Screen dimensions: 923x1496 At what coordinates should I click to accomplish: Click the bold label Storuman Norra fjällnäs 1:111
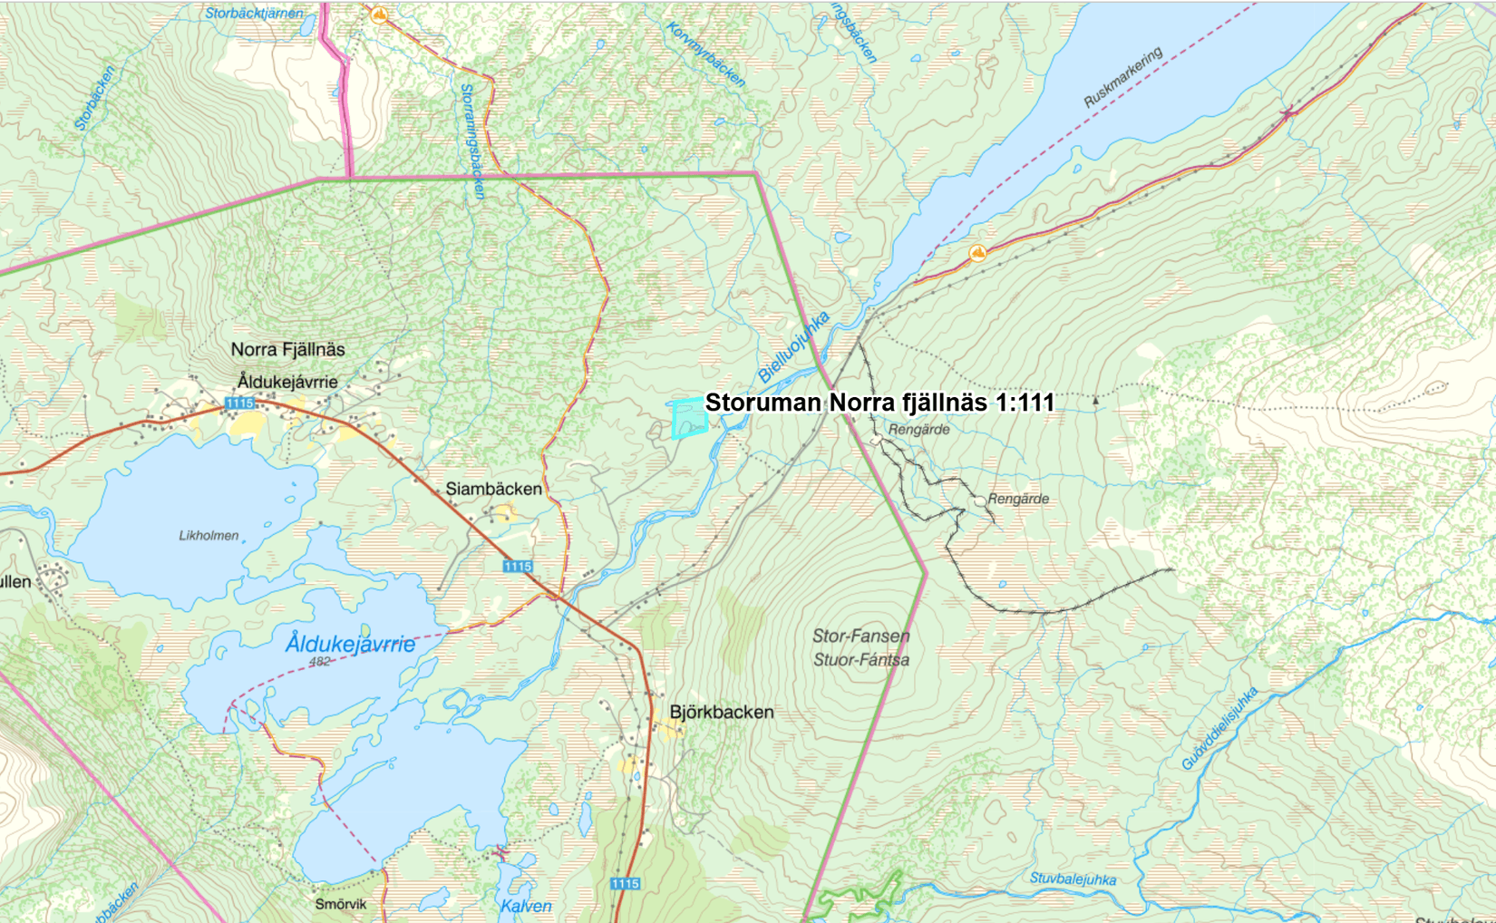(x=879, y=403)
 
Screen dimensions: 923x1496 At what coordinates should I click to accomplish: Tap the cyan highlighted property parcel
(x=689, y=419)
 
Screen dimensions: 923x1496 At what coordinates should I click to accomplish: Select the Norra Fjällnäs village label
(x=287, y=349)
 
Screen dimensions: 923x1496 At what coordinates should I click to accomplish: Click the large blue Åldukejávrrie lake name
(x=350, y=644)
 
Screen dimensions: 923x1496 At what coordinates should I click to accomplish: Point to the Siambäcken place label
(x=493, y=489)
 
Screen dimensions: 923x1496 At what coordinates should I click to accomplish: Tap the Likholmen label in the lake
(x=209, y=535)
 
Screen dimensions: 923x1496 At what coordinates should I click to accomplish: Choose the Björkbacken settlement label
(x=722, y=712)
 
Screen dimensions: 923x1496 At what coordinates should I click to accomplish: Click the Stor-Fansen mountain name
(x=860, y=636)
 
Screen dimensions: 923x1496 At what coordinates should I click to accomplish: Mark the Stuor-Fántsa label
(x=860, y=660)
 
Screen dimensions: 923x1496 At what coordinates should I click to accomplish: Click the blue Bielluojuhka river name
(x=793, y=346)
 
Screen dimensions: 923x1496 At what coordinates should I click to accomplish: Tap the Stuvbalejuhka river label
(x=1073, y=879)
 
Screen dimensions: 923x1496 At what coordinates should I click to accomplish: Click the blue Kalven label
(x=526, y=906)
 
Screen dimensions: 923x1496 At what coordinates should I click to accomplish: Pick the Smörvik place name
(x=341, y=904)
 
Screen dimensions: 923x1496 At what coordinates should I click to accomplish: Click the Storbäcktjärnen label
(x=254, y=13)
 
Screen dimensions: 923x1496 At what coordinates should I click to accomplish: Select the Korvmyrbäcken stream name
(x=705, y=54)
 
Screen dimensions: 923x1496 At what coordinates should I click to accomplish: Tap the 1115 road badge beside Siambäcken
(x=518, y=567)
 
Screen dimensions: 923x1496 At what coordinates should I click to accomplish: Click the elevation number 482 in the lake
(x=319, y=662)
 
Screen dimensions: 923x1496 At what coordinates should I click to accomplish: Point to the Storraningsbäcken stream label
(x=472, y=141)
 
